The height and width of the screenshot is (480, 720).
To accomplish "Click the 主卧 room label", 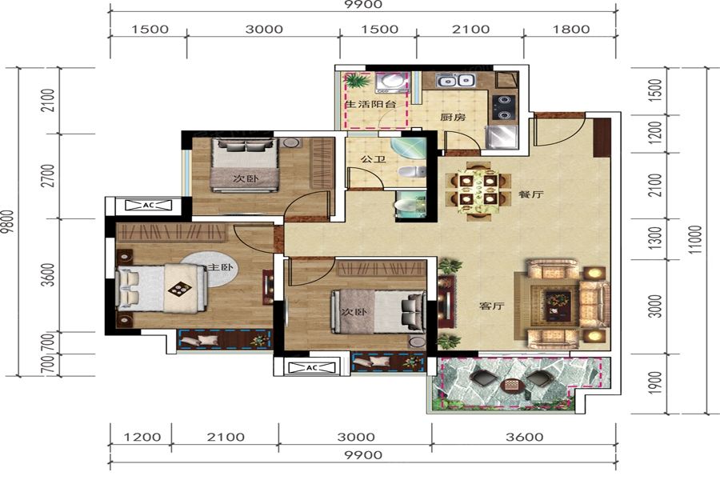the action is click(221, 267).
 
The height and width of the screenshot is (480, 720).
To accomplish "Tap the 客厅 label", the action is click(492, 306).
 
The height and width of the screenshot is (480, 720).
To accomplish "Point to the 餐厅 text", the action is click(530, 194).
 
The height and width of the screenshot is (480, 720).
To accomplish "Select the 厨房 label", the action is click(453, 117).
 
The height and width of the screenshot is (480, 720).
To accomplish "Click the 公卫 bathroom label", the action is click(373, 159).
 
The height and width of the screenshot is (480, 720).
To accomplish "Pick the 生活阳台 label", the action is click(370, 104).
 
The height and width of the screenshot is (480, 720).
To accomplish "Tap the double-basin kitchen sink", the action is click(455, 81).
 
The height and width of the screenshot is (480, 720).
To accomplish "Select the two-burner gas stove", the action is click(504, 107).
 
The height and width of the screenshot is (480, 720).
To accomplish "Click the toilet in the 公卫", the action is click(411, 172).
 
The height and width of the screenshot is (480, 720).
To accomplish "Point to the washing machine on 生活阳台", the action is click(390, 82).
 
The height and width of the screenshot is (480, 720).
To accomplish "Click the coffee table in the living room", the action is click(558, 305).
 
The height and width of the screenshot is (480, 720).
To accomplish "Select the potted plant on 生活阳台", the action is click(356, 82).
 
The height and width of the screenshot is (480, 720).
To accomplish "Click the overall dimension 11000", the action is click(696, 239).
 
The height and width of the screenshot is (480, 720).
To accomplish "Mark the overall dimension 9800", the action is click(7, 222).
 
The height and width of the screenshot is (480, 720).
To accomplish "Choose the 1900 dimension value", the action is click(655, 382).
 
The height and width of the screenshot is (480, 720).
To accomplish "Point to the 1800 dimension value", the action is click(570, 30).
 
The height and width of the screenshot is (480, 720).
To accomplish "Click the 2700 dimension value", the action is click(48, 176).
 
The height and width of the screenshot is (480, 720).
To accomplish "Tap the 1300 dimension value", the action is click(656, 238).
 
